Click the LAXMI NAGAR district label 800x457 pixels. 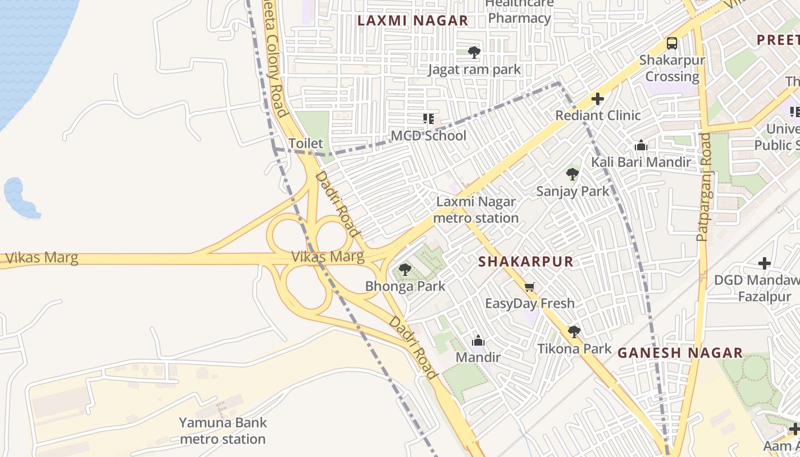[413, 21]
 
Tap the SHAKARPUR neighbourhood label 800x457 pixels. [525, 262]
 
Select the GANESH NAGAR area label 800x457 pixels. [680, 352]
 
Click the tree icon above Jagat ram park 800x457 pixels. [474, 53]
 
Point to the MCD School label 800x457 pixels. [429, 136]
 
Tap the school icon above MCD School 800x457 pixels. [429, 119]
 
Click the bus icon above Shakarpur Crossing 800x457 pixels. [672, 43]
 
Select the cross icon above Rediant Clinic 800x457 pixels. [598, 99]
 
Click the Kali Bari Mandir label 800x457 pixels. [641, 162]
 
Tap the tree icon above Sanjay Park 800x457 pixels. [573, 174]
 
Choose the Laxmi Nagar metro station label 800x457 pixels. [476, 210]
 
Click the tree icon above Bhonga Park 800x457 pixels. [405, 269]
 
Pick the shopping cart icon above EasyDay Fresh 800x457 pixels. [530, 287]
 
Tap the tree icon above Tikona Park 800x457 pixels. [574, 332]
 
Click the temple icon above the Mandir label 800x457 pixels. [478, 341]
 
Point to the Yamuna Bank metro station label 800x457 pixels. [222, 431]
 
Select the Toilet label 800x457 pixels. [306, 143]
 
